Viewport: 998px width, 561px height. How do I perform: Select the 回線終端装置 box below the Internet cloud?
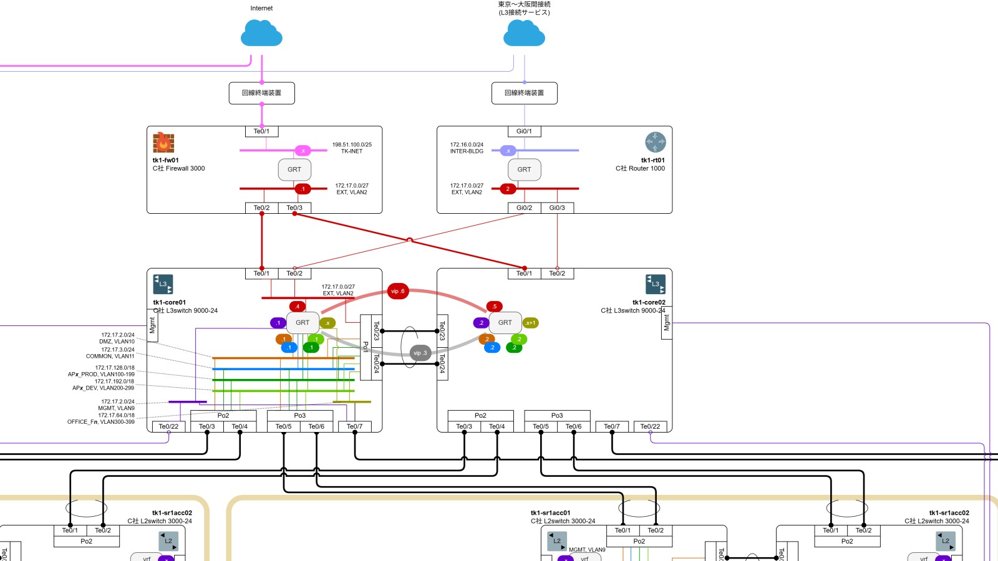click(262, 93)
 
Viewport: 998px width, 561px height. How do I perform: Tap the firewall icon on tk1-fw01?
click(163, 143)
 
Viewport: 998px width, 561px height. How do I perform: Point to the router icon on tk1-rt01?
click(655, 142)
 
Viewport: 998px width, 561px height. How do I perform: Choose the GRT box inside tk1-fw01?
click(294, 170)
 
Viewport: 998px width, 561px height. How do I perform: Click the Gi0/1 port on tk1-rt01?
click(524, 132)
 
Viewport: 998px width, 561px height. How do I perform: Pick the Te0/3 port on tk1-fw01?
click(294, 208)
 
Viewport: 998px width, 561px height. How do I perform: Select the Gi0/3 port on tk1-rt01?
click(557, 208)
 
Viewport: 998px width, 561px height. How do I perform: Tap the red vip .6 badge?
click(398, 291)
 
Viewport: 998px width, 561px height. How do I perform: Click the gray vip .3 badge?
click(420, 353)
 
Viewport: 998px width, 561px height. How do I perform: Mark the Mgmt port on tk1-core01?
click(152, 325)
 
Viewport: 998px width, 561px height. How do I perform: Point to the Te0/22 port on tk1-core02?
click(650, 427)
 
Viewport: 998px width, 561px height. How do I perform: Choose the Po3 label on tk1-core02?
click(557, 416)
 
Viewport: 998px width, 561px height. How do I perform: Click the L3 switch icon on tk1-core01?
click(163, 284)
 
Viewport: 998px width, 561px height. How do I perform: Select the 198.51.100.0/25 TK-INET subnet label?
click(352, 148)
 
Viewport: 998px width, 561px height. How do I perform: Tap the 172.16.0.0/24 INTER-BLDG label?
click(467, 148)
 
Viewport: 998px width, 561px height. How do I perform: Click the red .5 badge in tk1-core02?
click(494, 306)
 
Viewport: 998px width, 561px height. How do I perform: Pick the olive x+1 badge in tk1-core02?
click(530, 323)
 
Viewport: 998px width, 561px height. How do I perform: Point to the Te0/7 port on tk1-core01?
click(354, 427)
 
